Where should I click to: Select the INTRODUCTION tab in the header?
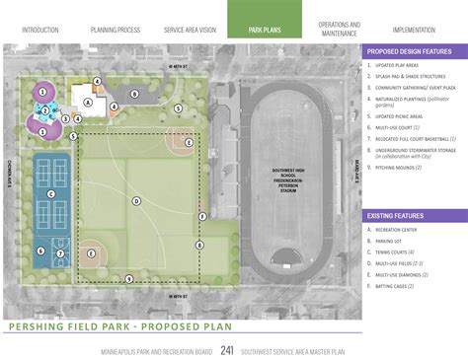pos(39,30)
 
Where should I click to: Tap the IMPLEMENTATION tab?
pos(414,30)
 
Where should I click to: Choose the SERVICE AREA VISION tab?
pos(191,30)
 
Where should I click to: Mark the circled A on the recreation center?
pos(88,102)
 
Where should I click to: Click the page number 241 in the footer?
pos(227,349)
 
